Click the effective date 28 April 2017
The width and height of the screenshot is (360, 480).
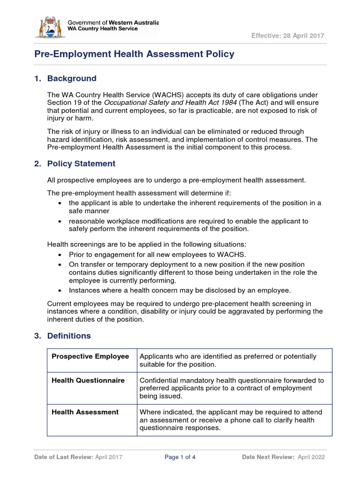tap(287, 36)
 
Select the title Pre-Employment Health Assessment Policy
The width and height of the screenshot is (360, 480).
tap(134, 54)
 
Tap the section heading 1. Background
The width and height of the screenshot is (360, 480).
tap(66, 78)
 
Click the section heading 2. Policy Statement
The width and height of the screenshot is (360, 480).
tap(75, 164)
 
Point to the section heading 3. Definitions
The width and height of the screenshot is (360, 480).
tap(63, 336)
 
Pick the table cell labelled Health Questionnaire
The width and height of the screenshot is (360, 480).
tap(88, 380)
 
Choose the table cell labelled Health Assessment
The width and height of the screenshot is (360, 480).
tap(85, 412)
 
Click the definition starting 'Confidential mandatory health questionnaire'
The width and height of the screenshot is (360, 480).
tap(232, 388)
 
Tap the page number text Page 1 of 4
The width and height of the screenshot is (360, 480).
tap(180, 457)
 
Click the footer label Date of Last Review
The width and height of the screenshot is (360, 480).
tap(64, 457)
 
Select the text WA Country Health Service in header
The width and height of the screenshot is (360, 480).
tap(103, 29)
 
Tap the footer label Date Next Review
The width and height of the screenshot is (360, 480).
tap(268, 457)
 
